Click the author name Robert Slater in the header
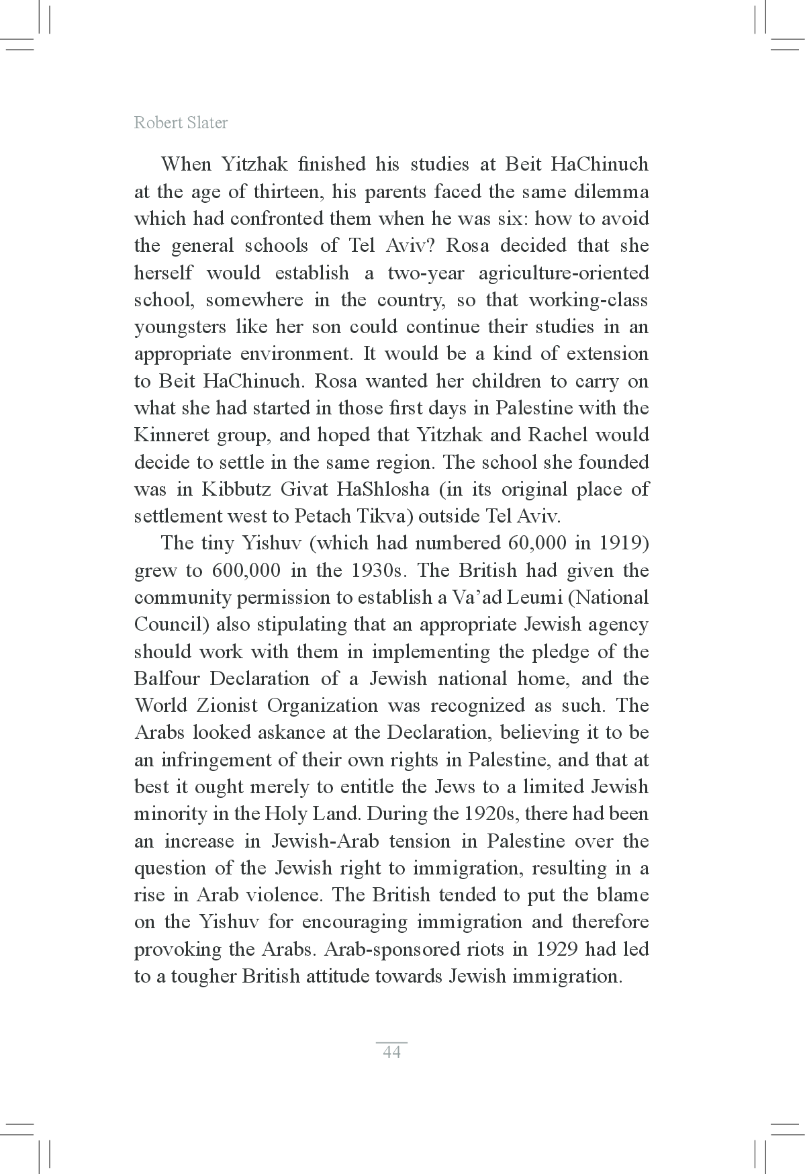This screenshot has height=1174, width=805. [181, 122]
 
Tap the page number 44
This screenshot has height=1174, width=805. [391, 1052]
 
